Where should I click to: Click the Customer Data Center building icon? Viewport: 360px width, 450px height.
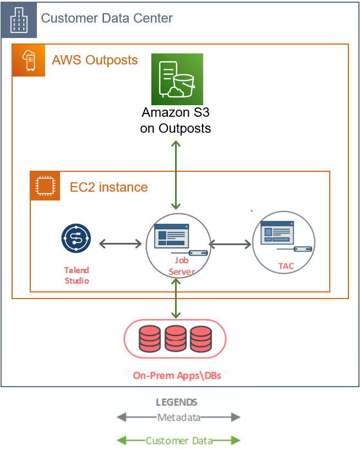(x=19, y=19)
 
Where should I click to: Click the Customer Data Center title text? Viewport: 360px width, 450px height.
(x=107, y=18)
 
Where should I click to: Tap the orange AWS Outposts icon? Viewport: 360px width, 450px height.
(x=29, y=59)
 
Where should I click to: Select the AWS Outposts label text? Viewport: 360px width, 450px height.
(x=95, y=59)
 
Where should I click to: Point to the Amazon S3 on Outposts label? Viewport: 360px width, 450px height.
(x=176, y=121)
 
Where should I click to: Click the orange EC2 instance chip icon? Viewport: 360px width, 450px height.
(x=45, y=186)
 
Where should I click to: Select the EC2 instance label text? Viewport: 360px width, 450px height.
(x=108, y=187)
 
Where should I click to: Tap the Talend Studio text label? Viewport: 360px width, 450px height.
(x=77, y=275)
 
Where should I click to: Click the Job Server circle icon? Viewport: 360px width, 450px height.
(x=177, y=240)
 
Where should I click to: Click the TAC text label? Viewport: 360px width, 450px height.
(x=286, y=266)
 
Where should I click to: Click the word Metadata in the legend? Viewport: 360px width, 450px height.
(x=178, y=418)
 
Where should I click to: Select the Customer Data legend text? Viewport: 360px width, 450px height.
(x=178, y=441)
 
